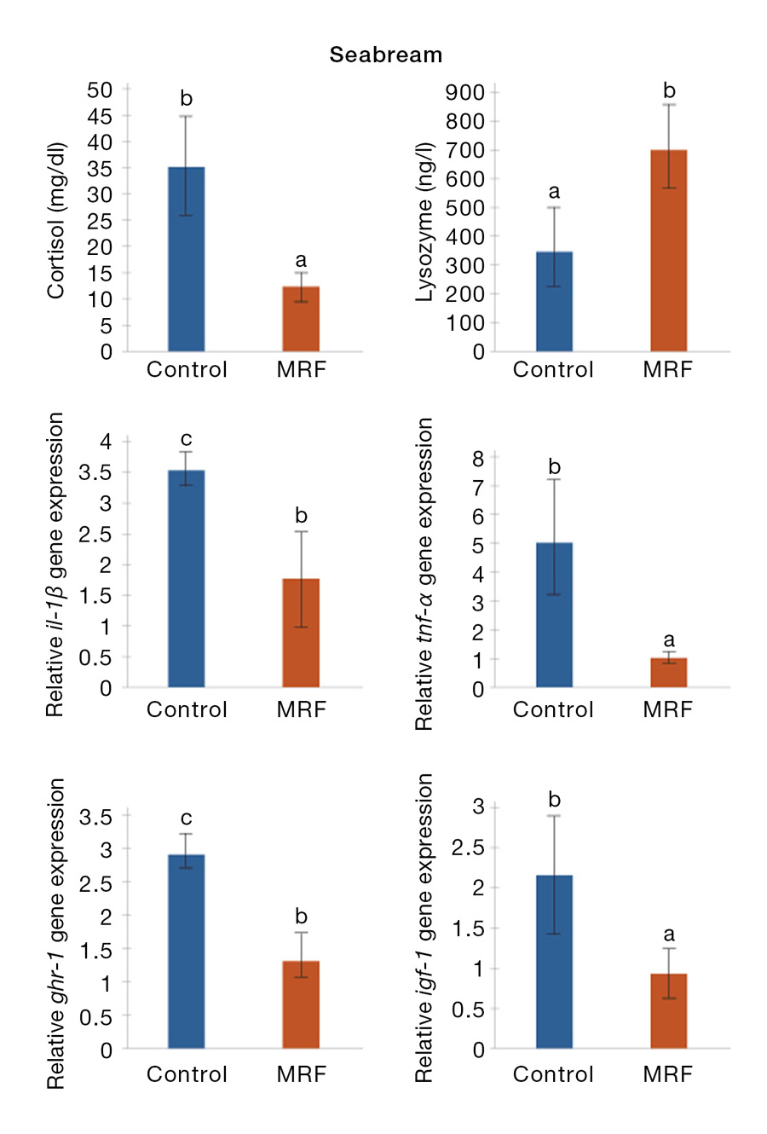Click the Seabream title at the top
[x=386, y=55]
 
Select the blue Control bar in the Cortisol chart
[x=186, y=259]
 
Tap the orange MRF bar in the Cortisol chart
[x=301, y=319]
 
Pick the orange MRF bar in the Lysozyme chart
[x=668, y=251]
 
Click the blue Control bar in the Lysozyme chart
[x=554, y=302]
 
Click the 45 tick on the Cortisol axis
[x=100, y=116]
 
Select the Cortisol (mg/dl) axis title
[x=56, y=220]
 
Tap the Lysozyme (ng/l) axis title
[x=424, y=222]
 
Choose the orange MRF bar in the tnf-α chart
[x=668, y=673]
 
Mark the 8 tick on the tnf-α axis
[x=478, y=459]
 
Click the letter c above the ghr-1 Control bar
[x=186, y=819]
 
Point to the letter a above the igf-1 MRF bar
[x=669, y=934]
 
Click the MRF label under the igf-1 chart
[x=668, y=1074]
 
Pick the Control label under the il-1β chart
[x=187, y=709]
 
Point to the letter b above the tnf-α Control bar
[x=555, y=467]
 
